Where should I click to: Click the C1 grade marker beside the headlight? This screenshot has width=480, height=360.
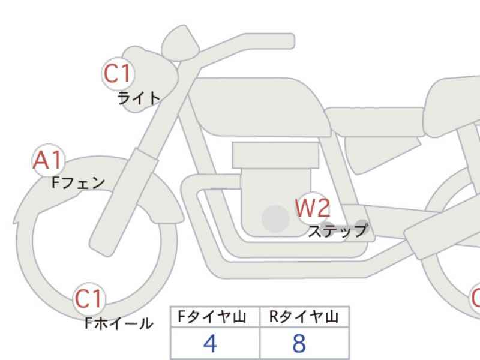pyautogui.click(x=118, y=74)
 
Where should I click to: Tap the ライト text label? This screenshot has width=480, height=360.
pyautogui.click(x=139, y=98)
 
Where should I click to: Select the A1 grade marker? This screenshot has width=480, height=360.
pyautogui.click(x=49, y=160)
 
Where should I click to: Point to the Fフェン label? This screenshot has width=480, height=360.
pyautogui.click(x=79, y=183)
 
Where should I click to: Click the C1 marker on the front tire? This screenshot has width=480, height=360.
pyautogui.click(x=89, y=299)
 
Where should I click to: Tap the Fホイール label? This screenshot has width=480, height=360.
pyautogui.click(x=119, y=323)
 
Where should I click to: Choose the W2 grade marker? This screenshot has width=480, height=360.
pyautogui.click(x=313, y=208)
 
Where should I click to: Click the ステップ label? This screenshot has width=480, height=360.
pyautogui.click(x=338, y=231)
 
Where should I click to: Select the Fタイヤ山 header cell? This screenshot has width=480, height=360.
pyautogui.click(x=215, y=317)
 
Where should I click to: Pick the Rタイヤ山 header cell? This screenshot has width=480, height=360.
pyautogui.click(x=304, y=317)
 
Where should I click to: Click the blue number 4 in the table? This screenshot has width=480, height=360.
pyautogui.click(x=211, y=343)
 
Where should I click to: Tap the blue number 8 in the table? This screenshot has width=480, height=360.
pyautogui.click(x=299, y=343)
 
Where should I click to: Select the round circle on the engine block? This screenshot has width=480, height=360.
pyautogui.click(x=276, y=218)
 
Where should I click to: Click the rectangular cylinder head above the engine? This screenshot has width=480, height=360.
pyautogui.click(x=275, y=155)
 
